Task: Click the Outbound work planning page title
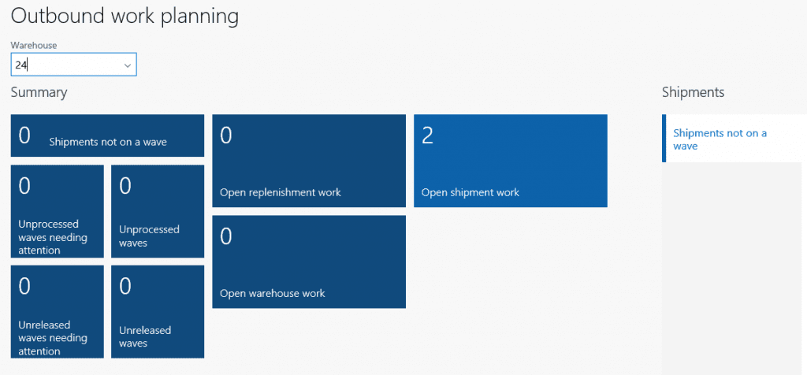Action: coord(125,17)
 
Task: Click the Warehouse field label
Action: coord(34,45)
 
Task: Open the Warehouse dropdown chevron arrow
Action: coord(127,65)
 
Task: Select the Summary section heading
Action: coord(39,93)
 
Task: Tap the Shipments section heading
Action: coord(694,92)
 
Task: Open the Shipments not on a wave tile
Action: coord(107,136)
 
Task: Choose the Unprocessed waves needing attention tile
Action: coord(57,211)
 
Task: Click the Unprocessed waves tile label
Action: coord(149,236)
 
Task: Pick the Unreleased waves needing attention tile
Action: coord(57,312)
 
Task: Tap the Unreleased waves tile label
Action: coord(145,336)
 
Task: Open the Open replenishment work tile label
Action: coord(281,193)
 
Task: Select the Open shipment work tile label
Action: coord(470,193)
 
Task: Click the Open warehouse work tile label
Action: coord(272,294)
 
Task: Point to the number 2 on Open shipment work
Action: coord(427,136)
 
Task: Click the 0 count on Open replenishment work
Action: coord(226,136)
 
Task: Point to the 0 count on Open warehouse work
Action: coord(226,236)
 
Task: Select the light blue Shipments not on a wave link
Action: coord(720,139)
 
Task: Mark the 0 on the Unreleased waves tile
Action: coord(125,287)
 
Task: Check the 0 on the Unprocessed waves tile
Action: coord(125,186)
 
